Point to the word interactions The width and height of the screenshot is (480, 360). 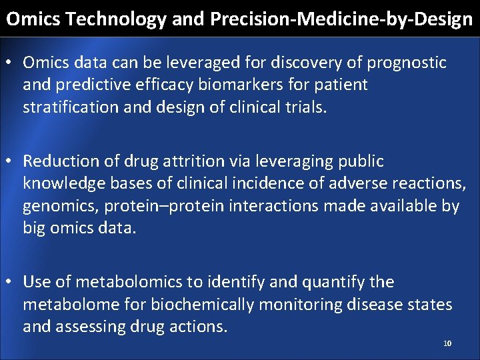(x=274, y=206)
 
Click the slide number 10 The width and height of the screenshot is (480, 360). (x=447, y=343)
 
